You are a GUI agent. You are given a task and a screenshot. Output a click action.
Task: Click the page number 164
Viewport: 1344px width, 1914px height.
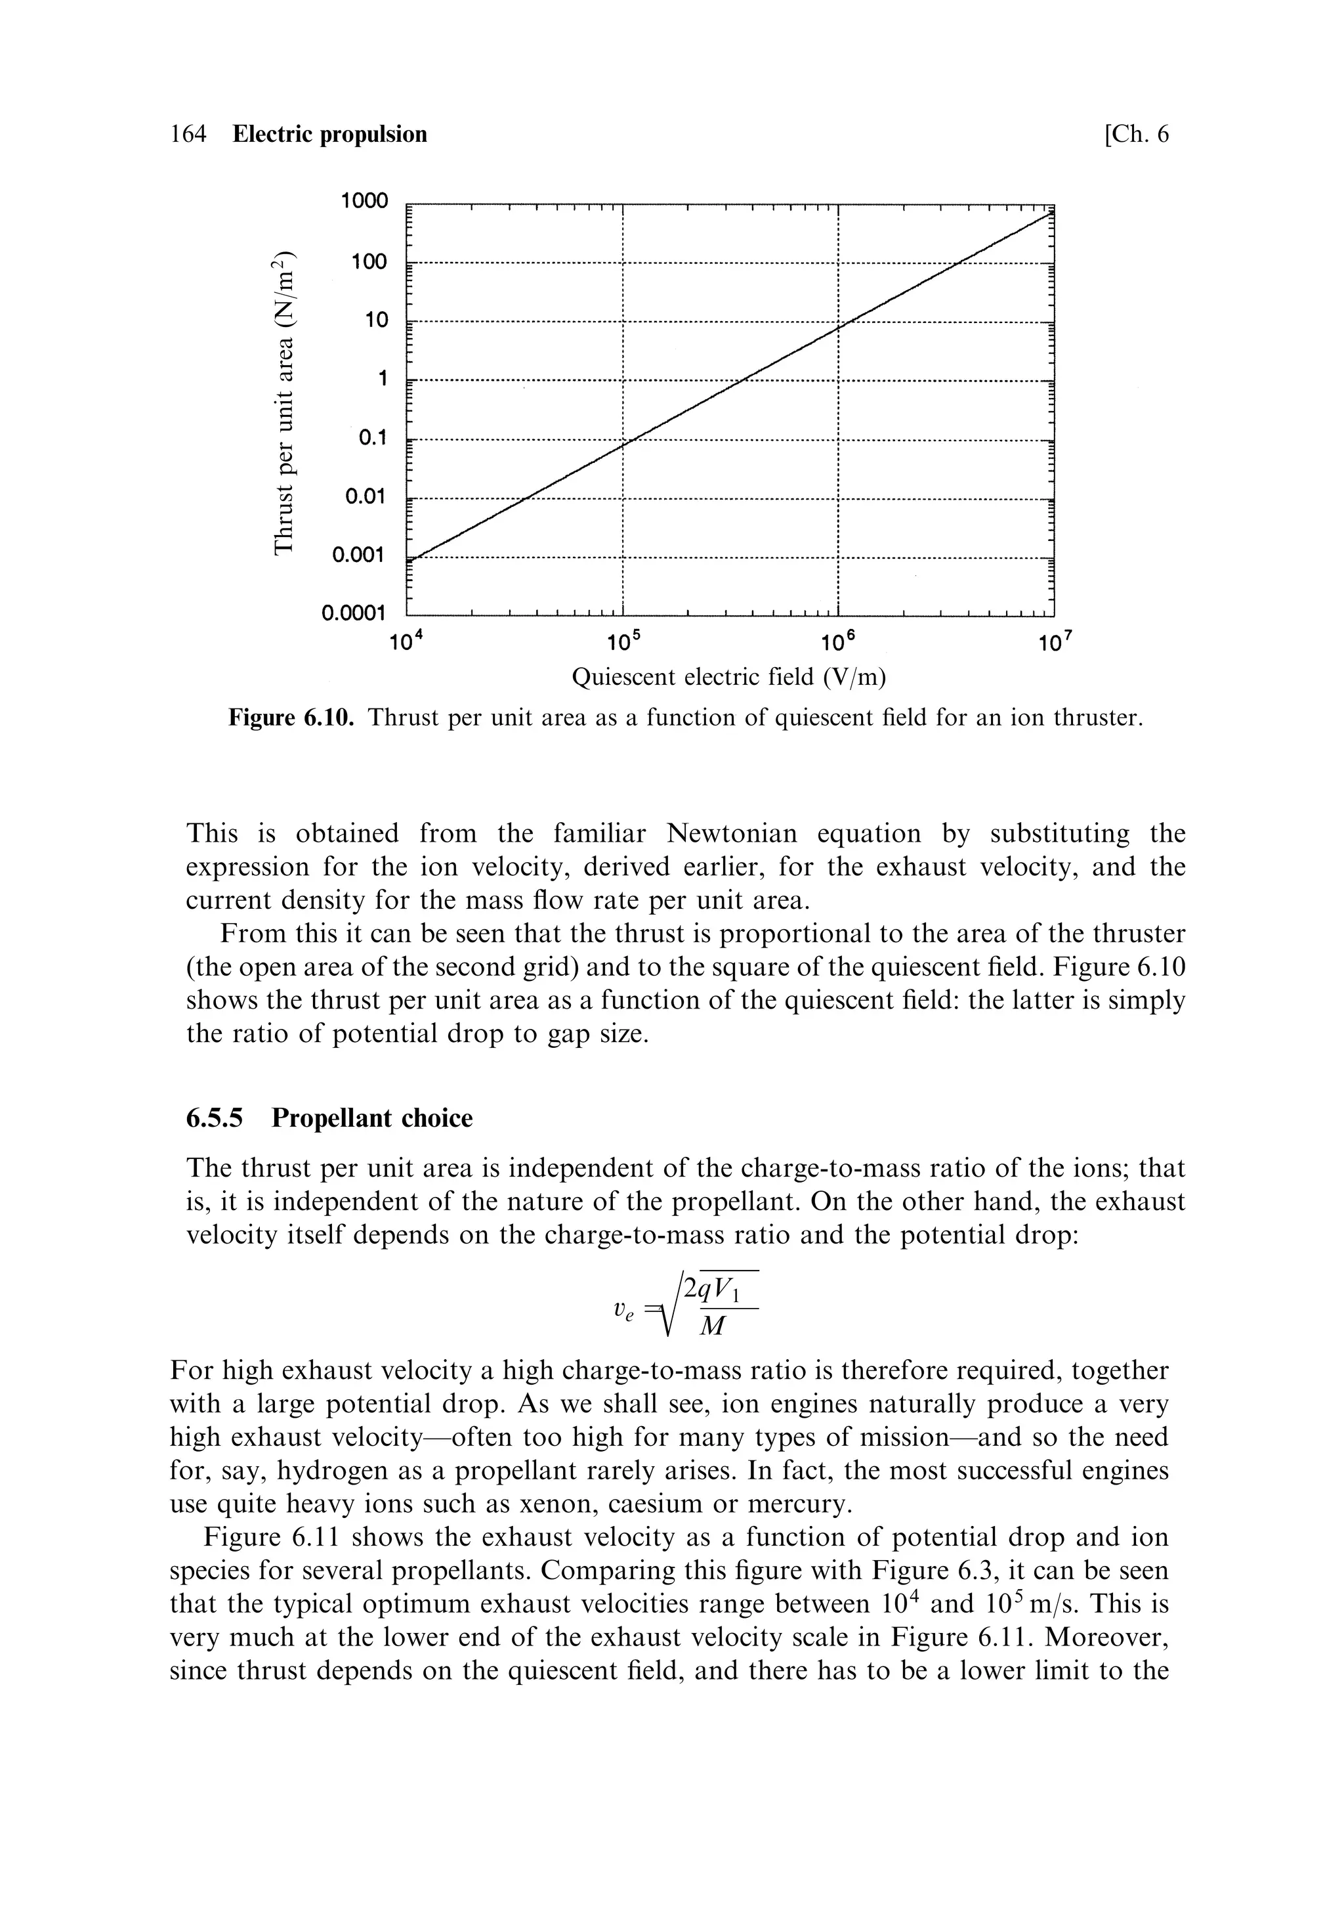pyautogui.click(x=188, y=134)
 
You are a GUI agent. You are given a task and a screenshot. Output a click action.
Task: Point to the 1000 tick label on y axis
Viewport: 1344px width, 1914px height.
pyautogui.click(x=364, y=201)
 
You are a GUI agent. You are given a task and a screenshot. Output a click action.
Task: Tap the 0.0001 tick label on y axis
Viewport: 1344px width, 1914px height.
pyautogui.click(x=354, y=615)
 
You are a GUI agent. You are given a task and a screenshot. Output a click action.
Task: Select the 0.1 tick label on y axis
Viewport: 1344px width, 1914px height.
pyautogui.click(x=373, y=438)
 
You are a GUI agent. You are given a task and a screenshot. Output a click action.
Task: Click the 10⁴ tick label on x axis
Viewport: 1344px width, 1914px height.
pyautogui.click(x=408, y=643)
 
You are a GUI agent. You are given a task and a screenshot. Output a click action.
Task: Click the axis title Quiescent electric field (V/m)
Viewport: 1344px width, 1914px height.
pyautogui.click(x=728, y=676)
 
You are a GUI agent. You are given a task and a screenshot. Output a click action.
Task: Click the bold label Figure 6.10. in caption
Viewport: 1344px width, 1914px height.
pyautogui.click(x=291, y=718)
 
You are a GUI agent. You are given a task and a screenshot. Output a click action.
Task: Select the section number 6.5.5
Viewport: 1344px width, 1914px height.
pyautogui.click(x=214, y=1118)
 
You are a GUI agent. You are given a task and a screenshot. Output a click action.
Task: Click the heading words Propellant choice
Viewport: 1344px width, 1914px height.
pyautogui.click(x=371, y=1118)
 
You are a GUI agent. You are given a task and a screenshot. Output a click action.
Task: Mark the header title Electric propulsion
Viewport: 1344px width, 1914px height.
pyautogui.click(x=329, y=134)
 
